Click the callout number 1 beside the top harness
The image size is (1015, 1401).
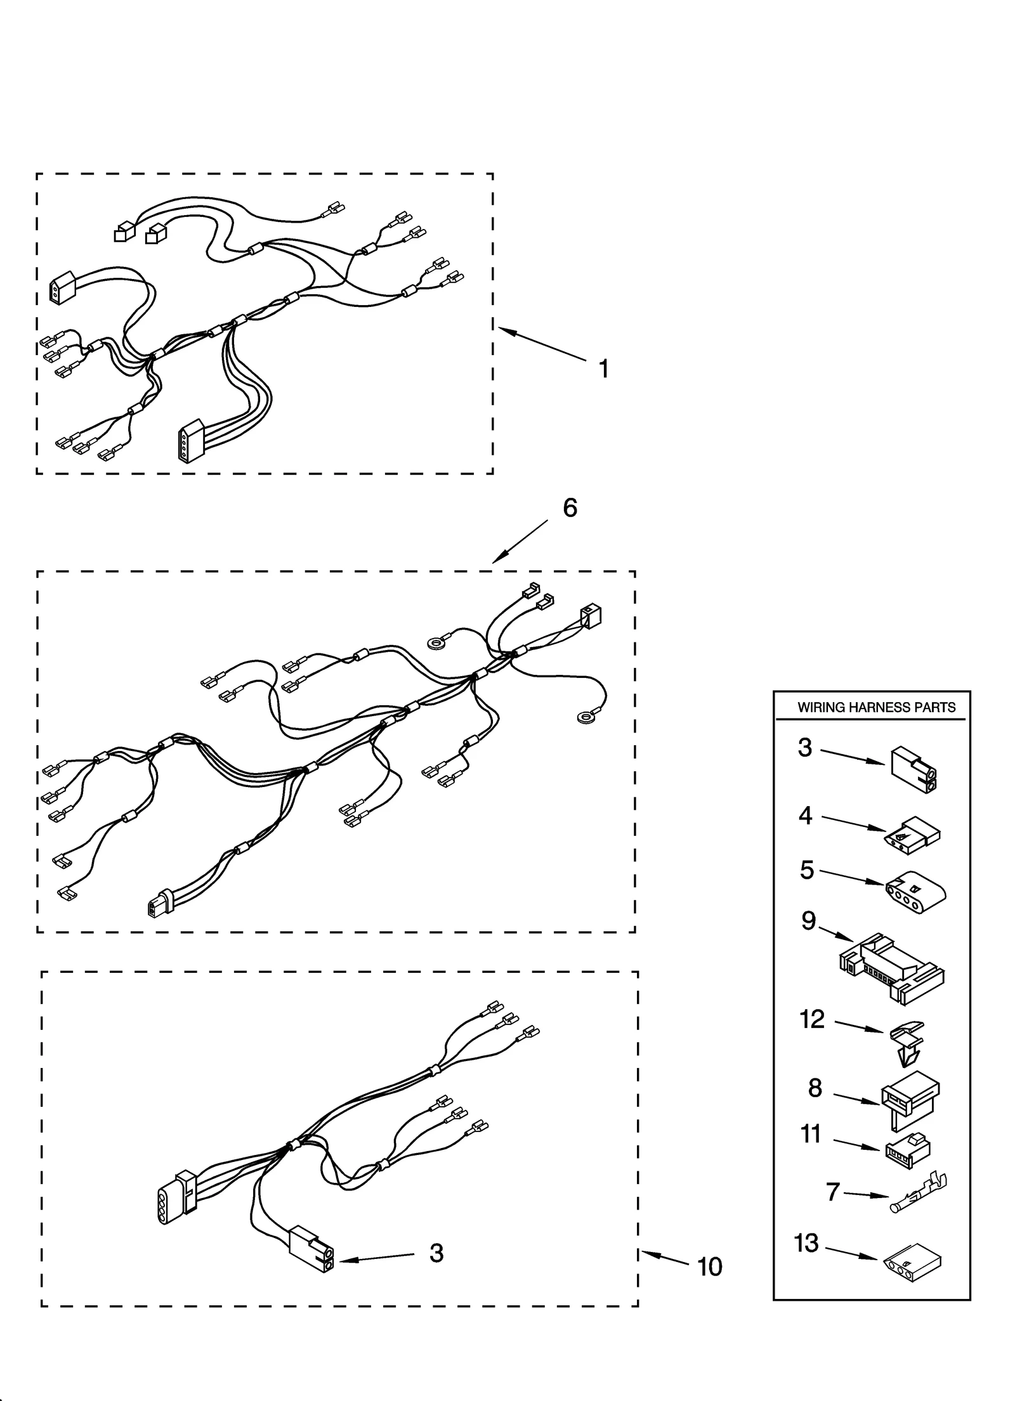pos(603,368)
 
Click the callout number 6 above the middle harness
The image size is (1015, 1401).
pos(570,507)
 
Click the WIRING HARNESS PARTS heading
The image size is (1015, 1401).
pos(876,708)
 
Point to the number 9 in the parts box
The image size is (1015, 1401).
pos(808,920)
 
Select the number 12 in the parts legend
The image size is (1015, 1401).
pos(812,1019)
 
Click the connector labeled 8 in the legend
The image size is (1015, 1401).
pos(909,1102)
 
